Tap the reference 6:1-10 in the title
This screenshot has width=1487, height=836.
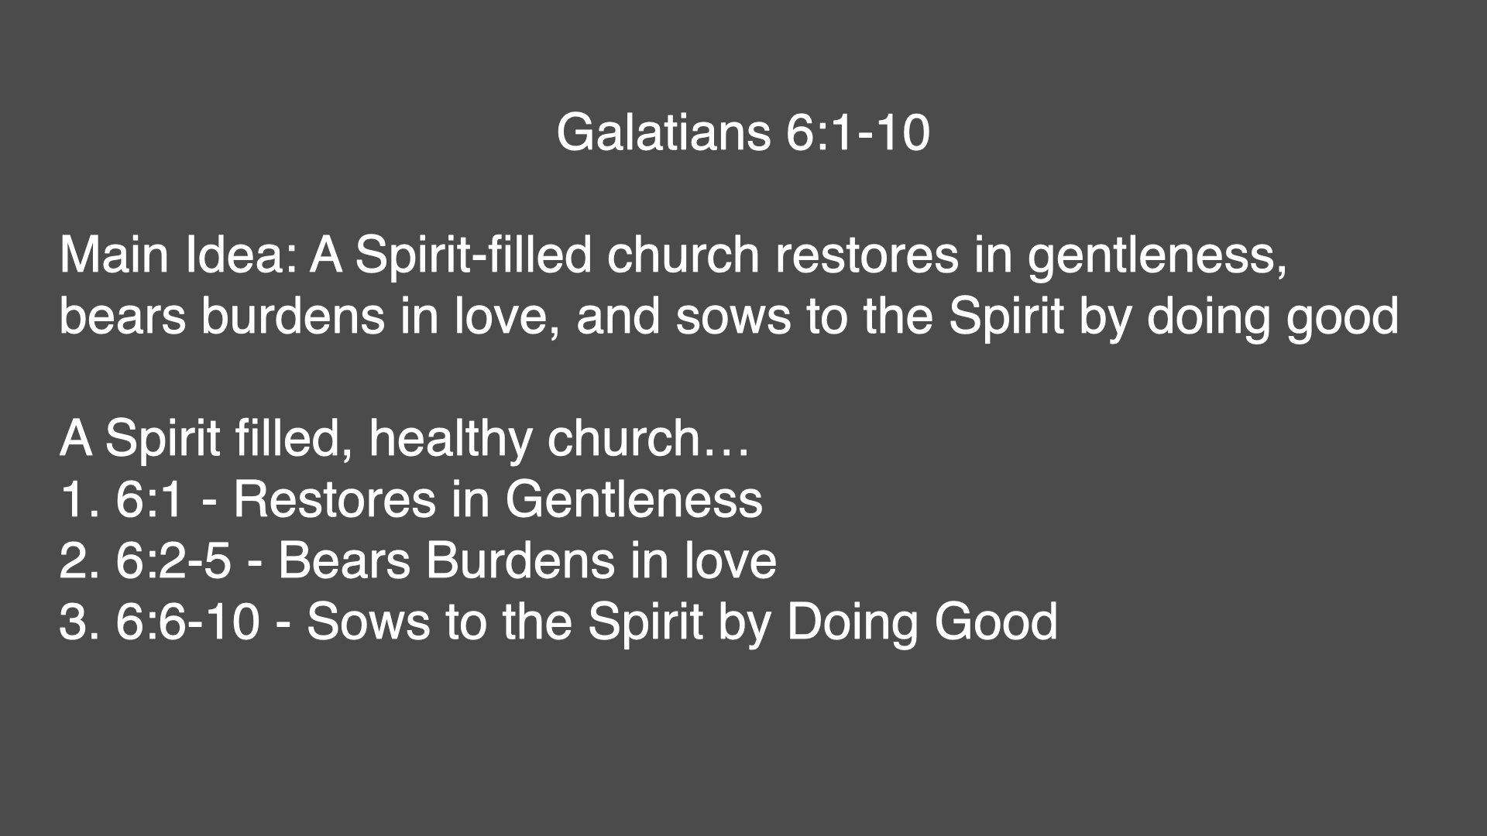coord(857,133)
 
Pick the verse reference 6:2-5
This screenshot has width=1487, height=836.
coord(173,561)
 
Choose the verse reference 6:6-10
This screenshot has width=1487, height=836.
coord(187,622)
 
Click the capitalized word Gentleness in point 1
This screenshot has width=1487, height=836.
coord(634,500)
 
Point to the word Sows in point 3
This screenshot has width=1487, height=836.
coord(367,622)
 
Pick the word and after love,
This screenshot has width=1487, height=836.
coord(619,317)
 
